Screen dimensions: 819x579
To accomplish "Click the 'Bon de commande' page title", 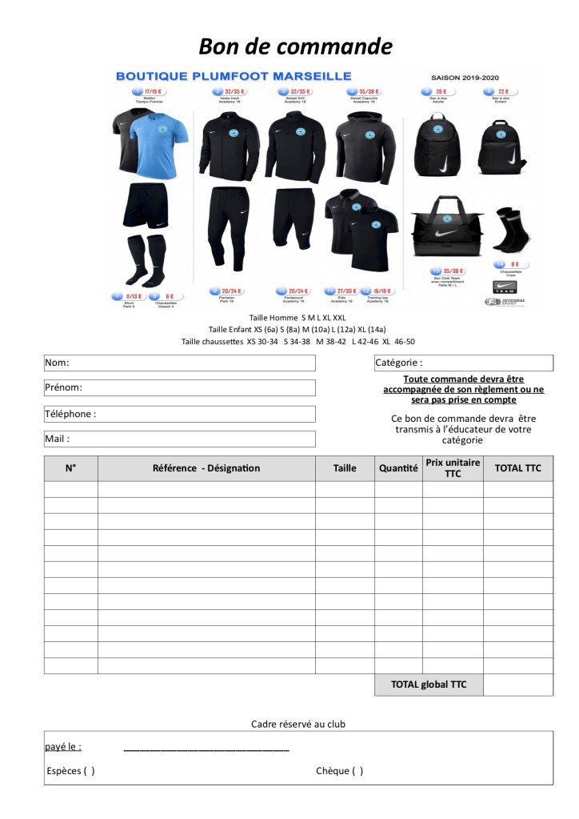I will click(295, 46).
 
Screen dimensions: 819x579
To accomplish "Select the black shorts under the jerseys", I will click(146, 206).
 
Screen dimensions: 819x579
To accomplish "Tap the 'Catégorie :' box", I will click(463, 363).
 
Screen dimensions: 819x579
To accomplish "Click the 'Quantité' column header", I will click(398, 468).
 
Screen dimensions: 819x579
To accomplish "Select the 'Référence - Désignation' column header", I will click(206, 468).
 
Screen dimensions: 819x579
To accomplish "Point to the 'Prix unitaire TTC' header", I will click(453, 468).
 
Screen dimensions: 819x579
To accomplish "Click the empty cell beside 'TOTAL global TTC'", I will click(517, 685).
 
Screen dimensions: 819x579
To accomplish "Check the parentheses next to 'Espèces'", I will click(88, 771).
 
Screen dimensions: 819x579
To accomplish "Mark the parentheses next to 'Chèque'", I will click(356, 771).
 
